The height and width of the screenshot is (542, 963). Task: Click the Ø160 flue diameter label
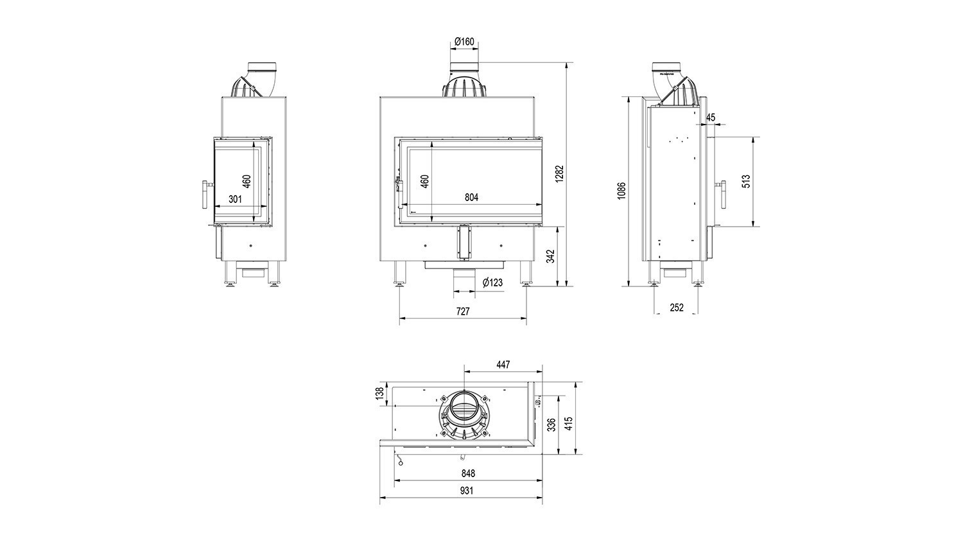[x=464, y=42]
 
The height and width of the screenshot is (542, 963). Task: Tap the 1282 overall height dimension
[x=559, y=174]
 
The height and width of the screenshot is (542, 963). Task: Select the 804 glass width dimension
[x=472, y=197]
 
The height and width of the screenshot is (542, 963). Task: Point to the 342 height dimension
[x=551, y=256]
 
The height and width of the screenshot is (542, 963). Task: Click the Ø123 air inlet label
[x=492, y=283]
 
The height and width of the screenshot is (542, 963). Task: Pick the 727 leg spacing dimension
[x=463, y=311]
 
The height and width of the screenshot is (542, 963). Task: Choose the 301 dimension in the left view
[x=235, y=199]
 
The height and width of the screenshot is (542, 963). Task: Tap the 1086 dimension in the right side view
[x=621, y=191]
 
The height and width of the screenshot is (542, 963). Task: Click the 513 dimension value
[x=746, y=181]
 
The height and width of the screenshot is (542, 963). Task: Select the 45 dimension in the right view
[x=711, y=118]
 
